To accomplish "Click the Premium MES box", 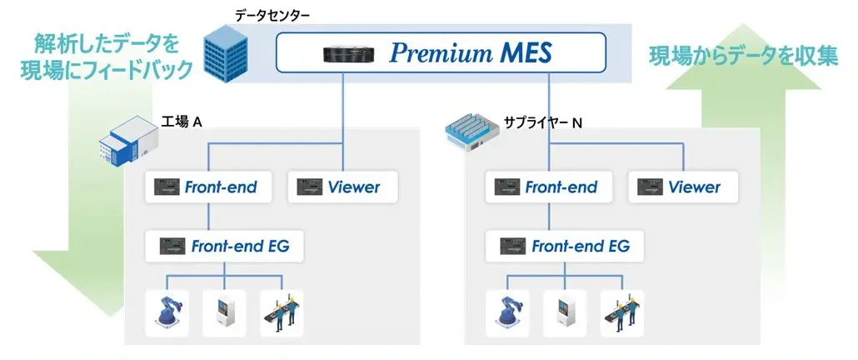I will (441, 53).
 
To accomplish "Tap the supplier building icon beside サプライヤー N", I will (472, 134).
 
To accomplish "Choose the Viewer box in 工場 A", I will (342, 187).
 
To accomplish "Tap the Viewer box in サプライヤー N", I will (683, 187).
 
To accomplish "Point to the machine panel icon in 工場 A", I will (224, 312).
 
